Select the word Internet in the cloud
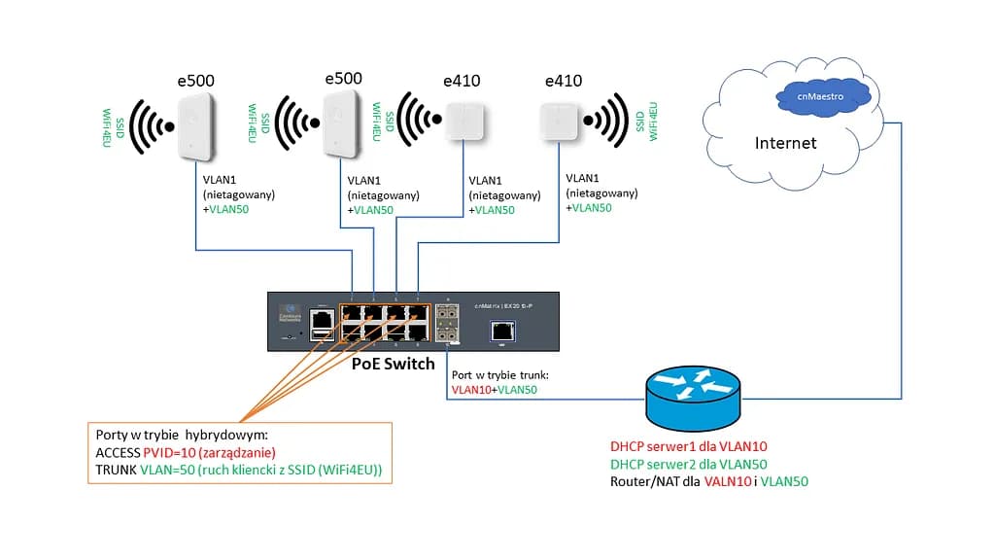785,143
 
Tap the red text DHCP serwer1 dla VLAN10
689,446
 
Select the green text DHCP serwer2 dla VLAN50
689,464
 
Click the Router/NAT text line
709,481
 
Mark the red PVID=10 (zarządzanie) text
210,453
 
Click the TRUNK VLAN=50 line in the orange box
239,471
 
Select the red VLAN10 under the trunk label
471,390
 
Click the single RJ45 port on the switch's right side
500,330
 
